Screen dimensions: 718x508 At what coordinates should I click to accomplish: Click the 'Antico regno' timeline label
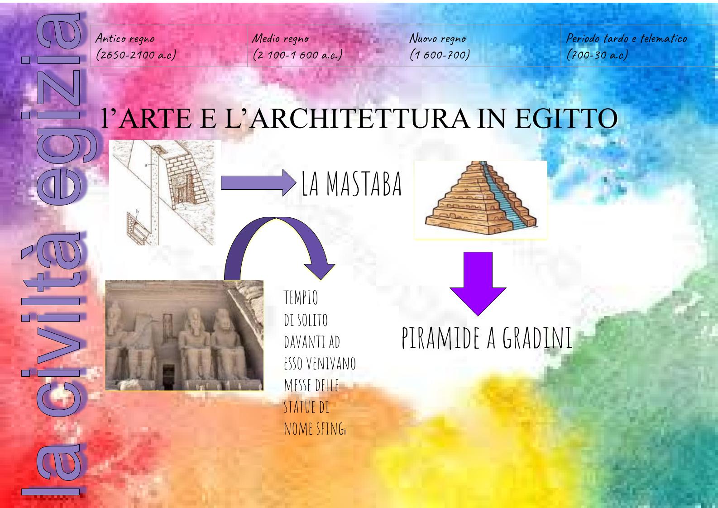(125, 39)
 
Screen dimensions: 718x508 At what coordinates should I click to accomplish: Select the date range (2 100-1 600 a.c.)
(297, 55)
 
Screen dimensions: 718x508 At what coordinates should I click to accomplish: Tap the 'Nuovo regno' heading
(437, 39)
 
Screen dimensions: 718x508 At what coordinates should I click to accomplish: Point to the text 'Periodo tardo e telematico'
(627, 39)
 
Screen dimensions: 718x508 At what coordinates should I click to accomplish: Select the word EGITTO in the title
(566, 118)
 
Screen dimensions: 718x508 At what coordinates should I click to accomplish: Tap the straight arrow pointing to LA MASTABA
(258, 182)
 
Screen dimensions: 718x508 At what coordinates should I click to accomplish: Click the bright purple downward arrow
(478, 283)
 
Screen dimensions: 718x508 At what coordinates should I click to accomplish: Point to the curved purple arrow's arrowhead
(319, 271)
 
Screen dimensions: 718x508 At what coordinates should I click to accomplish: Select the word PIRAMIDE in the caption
(441, 338)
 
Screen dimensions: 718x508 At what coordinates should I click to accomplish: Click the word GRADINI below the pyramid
(537, 338)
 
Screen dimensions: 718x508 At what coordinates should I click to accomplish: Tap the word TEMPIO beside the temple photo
(301, 297)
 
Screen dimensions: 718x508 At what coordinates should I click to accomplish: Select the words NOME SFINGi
(315, 428)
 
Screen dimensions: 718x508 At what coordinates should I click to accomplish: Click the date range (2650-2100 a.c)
(136, 55)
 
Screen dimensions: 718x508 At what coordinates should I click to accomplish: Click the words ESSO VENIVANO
(320, 363)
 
